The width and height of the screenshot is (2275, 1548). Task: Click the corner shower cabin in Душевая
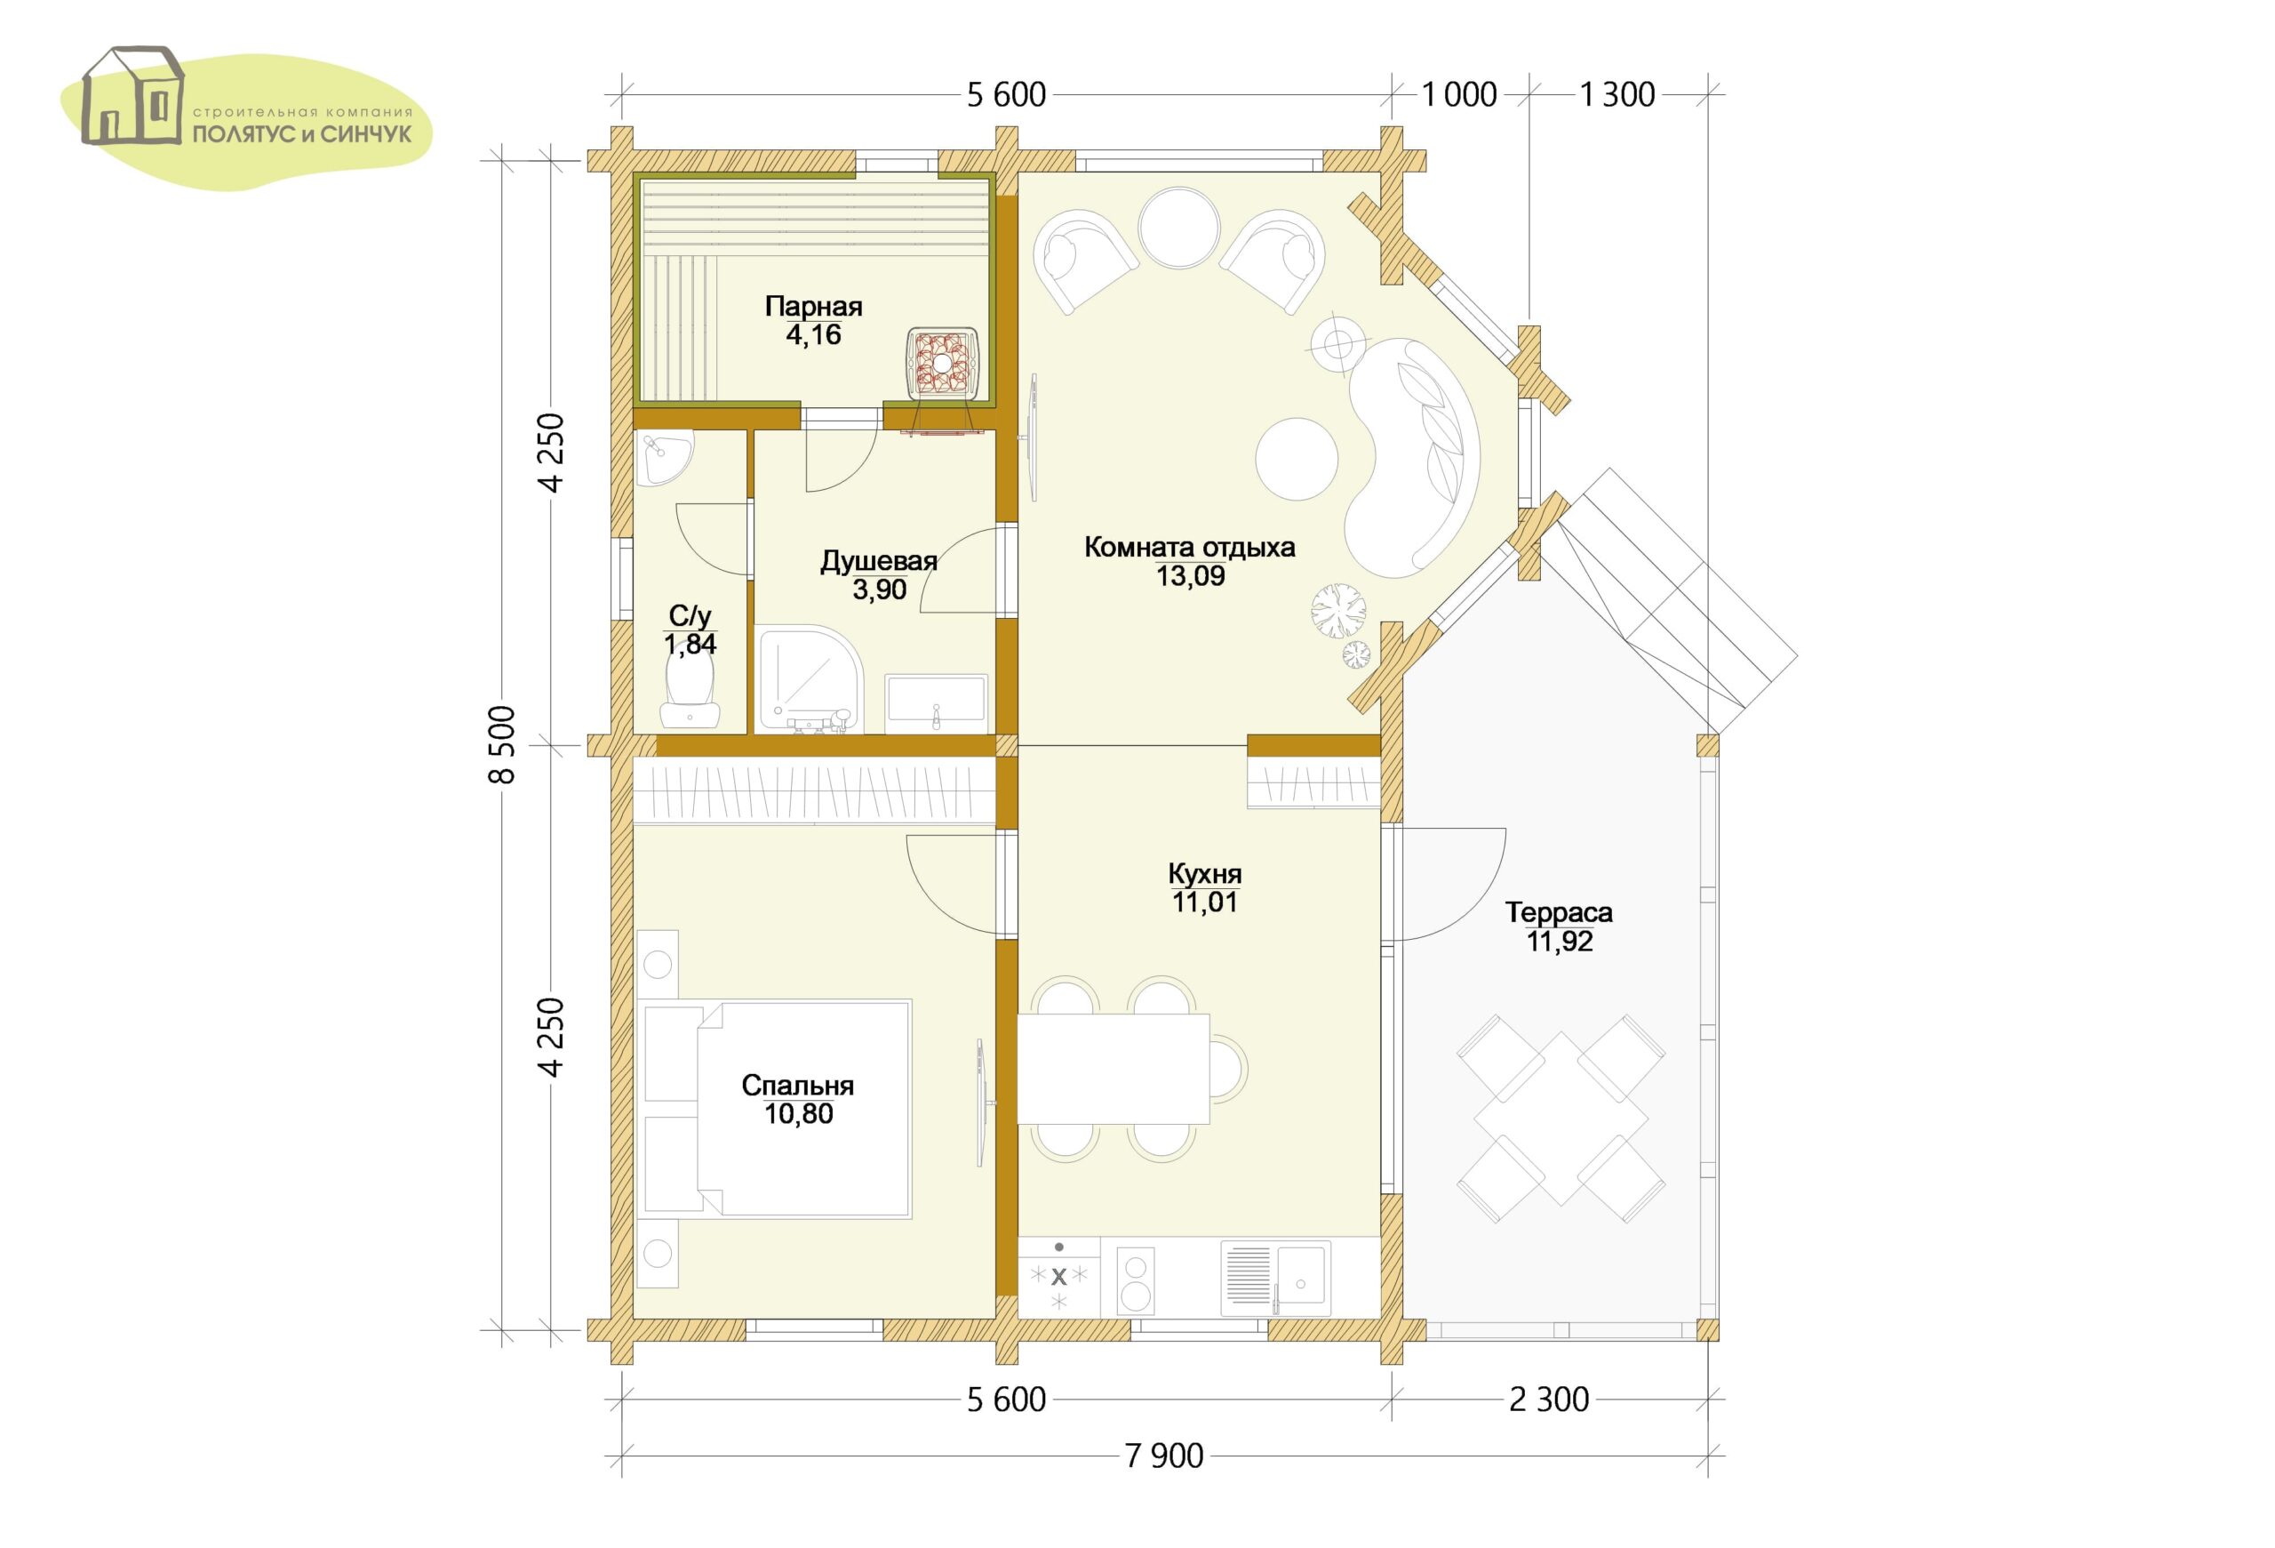point(810,679)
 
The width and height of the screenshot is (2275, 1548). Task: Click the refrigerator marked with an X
point(1059,1277)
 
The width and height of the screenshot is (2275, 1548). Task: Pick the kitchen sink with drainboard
point(1275,1279)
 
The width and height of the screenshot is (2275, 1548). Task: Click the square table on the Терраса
point(1561,1119)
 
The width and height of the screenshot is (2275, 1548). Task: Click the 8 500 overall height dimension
point(501,744)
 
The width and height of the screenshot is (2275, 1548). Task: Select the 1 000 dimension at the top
point(1458,95)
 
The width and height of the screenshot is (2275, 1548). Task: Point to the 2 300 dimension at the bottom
point(1549,1400)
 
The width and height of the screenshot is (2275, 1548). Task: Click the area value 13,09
point(1190,576)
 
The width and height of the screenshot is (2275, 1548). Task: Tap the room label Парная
point(813,307)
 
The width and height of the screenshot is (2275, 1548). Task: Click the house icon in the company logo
point(132,95)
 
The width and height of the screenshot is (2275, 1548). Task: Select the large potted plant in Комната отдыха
point(1338,612)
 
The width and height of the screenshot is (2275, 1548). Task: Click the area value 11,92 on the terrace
point(1561,942)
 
